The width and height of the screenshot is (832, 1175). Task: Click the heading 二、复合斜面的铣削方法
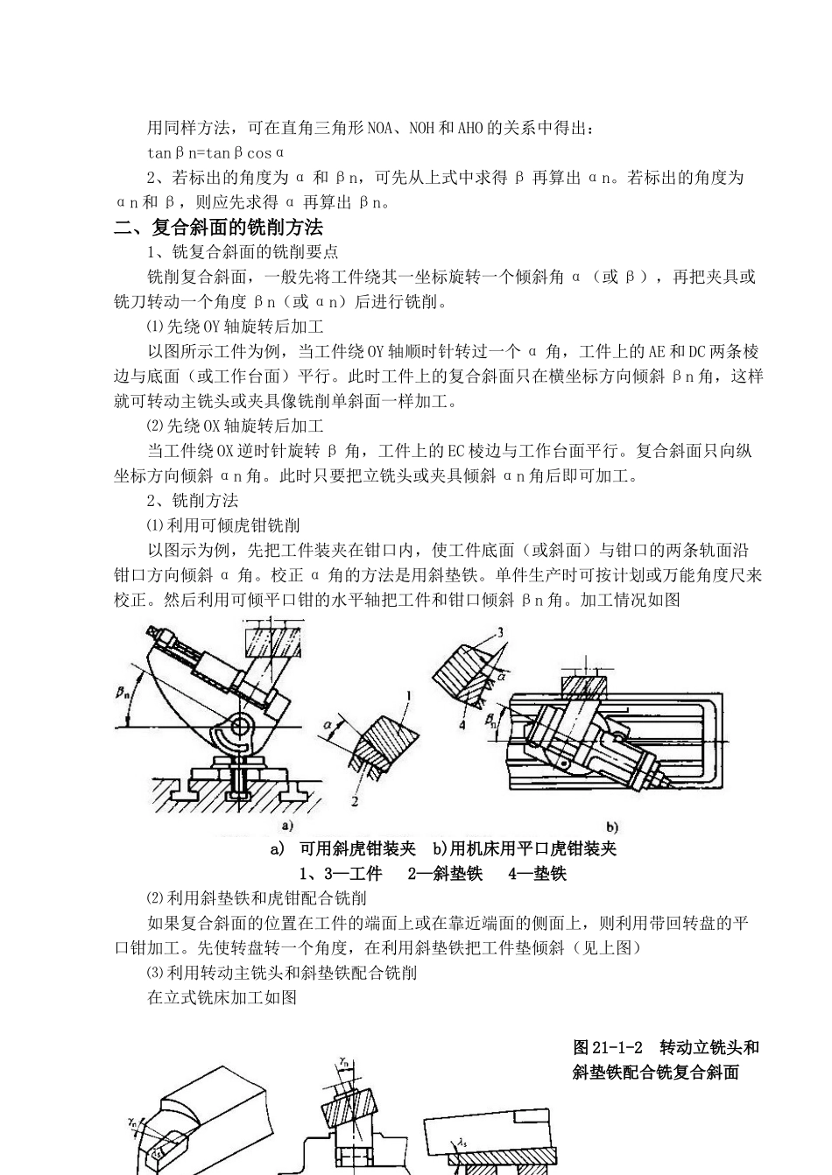[219, 228]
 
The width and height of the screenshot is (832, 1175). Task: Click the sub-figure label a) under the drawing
[286, 826]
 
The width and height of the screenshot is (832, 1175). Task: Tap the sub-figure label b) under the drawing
[611, 827]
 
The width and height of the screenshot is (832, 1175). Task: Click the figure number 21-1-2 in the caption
[619, 1047]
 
